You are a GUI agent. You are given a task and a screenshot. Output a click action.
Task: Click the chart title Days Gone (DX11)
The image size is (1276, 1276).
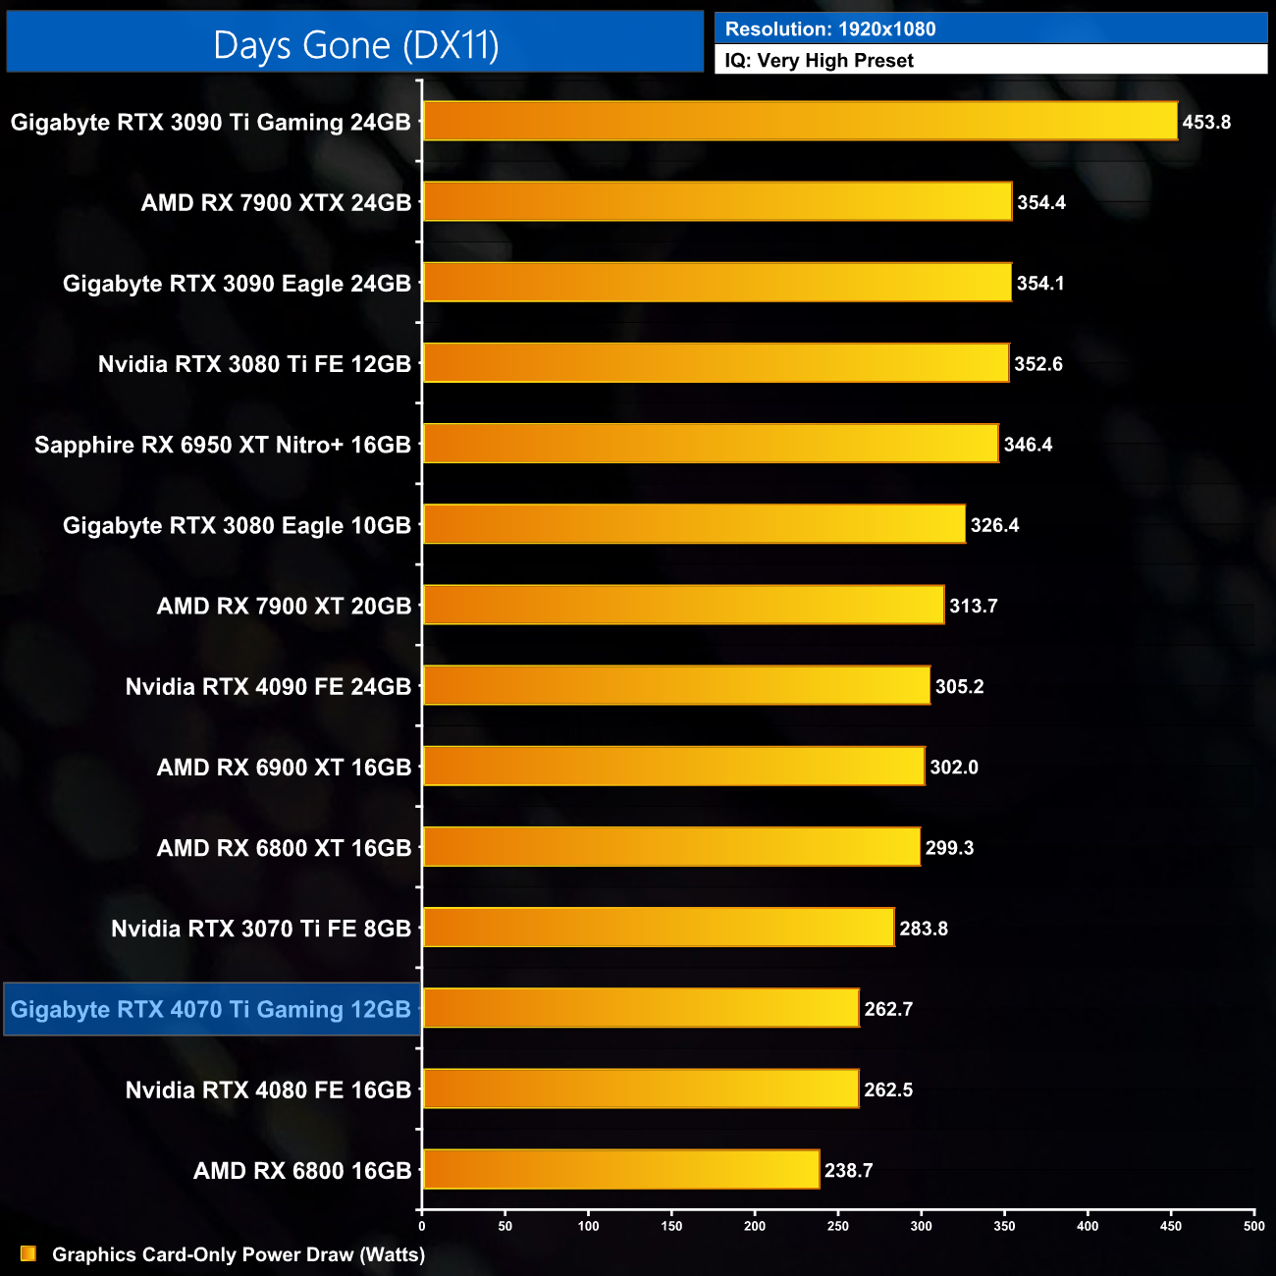click(355, 45)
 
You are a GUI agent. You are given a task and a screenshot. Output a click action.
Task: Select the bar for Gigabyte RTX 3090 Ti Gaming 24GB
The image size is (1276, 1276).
click(800, 122)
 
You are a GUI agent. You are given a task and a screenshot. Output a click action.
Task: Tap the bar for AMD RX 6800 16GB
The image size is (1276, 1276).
click(620, 1169)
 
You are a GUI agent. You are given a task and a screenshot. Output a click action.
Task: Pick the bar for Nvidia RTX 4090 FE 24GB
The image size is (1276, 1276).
click(676, 685)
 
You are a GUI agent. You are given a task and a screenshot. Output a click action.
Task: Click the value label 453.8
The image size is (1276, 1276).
click(1206, 123)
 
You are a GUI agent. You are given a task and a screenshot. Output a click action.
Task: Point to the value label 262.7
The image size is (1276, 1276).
click(888, 1009)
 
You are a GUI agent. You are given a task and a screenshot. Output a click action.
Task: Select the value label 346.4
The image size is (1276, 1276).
click(1028, 445)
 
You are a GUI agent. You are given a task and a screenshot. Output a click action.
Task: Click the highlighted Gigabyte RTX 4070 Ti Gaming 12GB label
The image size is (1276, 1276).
click(211, 1009)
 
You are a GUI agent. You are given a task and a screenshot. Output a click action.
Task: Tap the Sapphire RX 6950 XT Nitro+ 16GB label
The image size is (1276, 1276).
click(223, 445)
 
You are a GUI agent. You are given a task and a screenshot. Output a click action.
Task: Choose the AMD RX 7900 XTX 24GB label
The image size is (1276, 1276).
click(276, 203)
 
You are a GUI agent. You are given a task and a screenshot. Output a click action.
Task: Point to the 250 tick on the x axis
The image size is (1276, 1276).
click(838, 1226)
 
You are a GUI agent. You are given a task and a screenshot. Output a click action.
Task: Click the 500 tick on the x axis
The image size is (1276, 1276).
click(1254, 1226)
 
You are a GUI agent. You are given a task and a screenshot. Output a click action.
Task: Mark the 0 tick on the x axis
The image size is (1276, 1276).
click(422, 1226)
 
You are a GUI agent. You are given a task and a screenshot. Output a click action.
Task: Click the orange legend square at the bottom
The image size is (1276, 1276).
click(28, 1253)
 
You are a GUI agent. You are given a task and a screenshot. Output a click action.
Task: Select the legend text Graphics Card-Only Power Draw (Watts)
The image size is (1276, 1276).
click(239, 1254)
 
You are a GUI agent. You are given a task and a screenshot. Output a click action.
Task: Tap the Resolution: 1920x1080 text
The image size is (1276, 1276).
click(830, 29)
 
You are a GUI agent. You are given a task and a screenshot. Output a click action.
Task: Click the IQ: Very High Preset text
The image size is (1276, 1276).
click(819, 61)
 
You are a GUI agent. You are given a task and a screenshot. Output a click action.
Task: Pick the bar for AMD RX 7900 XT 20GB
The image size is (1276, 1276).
click(683, 605)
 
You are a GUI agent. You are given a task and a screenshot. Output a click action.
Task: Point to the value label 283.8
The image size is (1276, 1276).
click(924, 929)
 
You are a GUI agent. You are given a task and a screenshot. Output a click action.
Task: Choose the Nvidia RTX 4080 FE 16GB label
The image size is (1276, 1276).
click(268, 1090)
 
